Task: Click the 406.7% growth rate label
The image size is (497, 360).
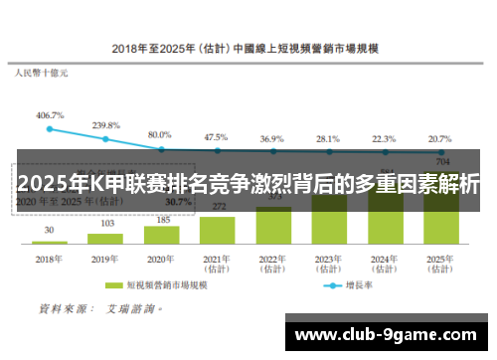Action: tap(50, 115)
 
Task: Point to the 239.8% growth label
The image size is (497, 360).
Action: tap(105, 125)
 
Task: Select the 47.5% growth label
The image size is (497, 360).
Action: tap(216, 137)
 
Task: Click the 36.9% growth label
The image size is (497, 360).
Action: tap(271, 138)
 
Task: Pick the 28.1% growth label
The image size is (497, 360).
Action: tap(327, 138)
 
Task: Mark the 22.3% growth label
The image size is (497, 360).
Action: tap(383, 138)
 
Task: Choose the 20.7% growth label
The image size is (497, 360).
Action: tap(438, 138)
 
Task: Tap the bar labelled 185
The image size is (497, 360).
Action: tap(160, 231)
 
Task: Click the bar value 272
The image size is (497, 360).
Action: tap(216, 206)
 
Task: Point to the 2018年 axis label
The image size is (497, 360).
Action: tap(50, 257)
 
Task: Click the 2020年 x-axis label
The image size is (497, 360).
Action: tap(160, 257)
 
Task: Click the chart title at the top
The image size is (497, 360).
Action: tap(249, 47)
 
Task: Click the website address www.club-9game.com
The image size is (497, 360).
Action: tap(387, 333)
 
